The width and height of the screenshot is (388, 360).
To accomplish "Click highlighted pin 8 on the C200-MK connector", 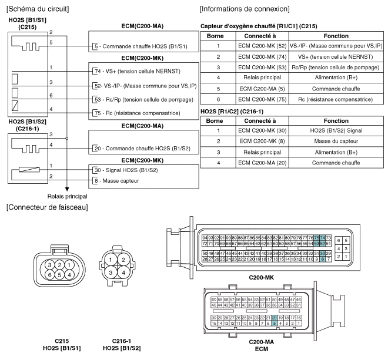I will (323, 258).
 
